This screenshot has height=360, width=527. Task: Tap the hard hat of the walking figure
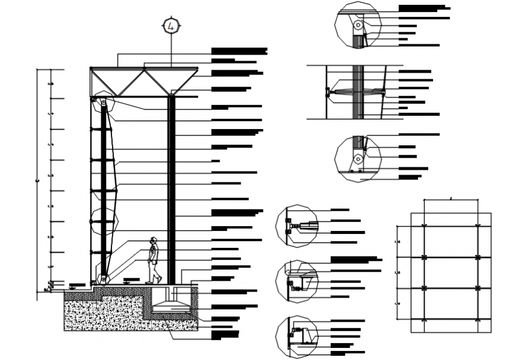pos(154,240)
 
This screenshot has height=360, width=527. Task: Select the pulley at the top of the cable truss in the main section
pos(104,104)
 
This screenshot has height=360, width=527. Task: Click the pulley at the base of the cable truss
pos(104,279)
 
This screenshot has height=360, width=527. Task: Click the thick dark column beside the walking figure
pos(172,188)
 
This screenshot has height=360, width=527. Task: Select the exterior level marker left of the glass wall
pos(77,285)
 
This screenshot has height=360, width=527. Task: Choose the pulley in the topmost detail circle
pos(359,25)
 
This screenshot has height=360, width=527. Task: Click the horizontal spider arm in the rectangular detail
pos(356,92)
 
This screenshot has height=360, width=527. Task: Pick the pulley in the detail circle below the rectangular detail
pos(358,159)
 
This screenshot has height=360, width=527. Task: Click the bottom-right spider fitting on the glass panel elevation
pos(478,318)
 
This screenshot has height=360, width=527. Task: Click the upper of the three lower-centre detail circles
pos(297,225)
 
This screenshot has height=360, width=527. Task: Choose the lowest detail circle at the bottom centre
pos(296,336)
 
